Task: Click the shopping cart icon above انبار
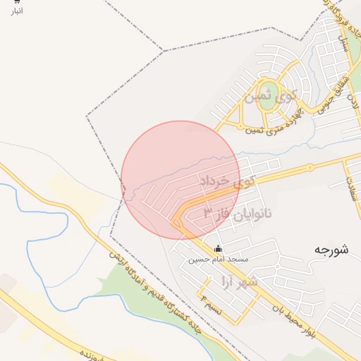pyautogui.click(x=17, y=2)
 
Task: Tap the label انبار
pyautogui.click(x=17, y=11)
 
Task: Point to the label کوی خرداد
pyautogui.click(x=226, y=182)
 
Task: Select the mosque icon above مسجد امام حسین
pyautogui.click(x=218, y=248)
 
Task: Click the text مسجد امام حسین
pyautogui.click(x=218, y=259)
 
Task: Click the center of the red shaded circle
pyautogui.click(x=180, y=180)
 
